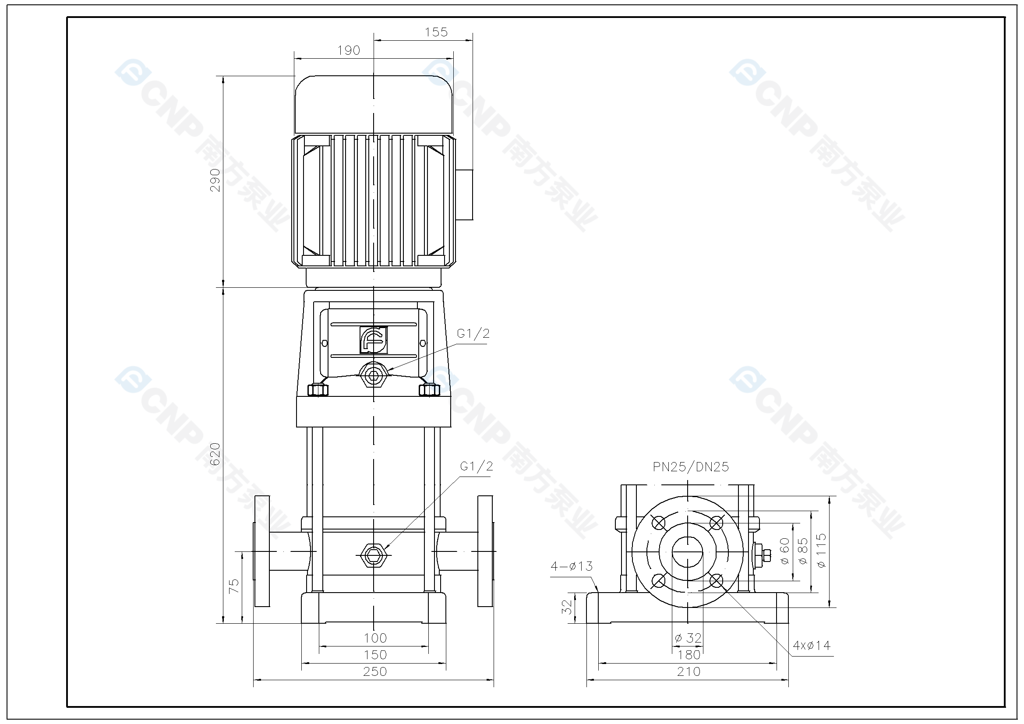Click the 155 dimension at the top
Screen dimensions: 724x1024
tap(436, 32)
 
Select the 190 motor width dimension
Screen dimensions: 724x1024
tap(348, 50)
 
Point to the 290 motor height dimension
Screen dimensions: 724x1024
tap(215, 180)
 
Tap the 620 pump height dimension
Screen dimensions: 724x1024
tap(215, 454)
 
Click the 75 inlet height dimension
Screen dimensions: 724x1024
tap(234, 586)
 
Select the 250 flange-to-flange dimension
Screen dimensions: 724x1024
tap(374, 671)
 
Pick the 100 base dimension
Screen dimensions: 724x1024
tap(374, 638)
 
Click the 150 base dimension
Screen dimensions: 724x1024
tap(374, 655)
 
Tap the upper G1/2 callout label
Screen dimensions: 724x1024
tap(473, 334)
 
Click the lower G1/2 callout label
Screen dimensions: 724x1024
tap(477, 466)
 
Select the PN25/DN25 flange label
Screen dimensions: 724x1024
tap(690, 467)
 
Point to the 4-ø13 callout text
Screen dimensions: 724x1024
tap(571, 566)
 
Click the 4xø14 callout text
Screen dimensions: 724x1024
tap(811, 646)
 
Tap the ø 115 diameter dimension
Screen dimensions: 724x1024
tap(821, 551)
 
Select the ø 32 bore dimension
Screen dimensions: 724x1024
tap(688, 638)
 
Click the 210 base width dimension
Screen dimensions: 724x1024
tap(688, 671)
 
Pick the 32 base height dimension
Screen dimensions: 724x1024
tap(566, 607)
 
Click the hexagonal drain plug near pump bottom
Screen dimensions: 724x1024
tap(373, 555)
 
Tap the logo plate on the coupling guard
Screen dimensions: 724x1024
tap(373, 340)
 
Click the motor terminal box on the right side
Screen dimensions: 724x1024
tap(464, 194)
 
